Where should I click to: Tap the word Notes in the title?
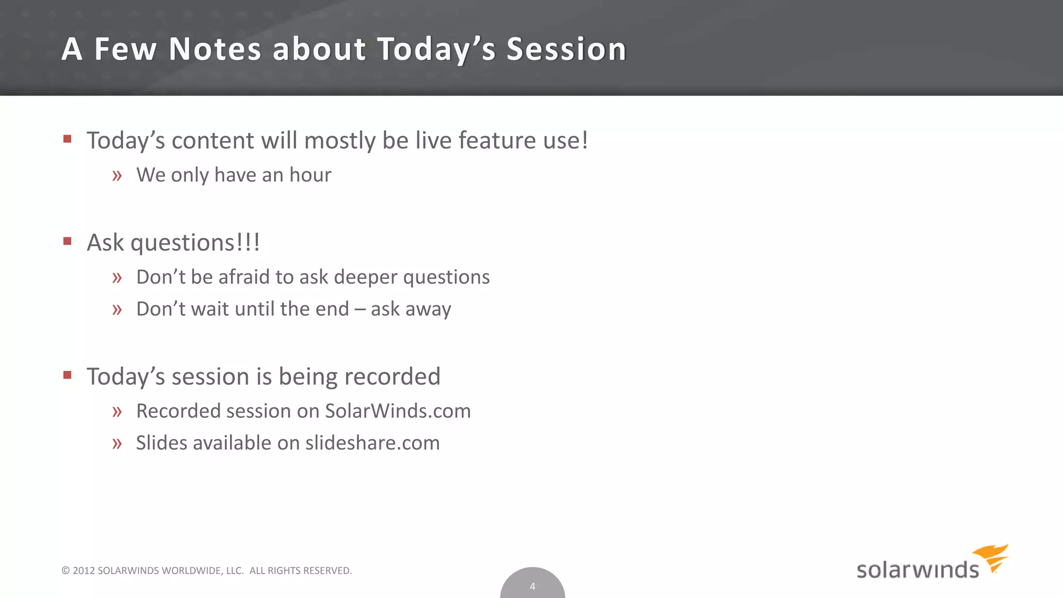tap(215, 49)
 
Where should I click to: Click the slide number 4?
tap(532, 587)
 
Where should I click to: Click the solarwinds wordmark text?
tap(917, 570)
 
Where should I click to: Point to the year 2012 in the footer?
tap(84, 570)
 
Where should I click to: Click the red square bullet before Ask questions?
tap(67, 241)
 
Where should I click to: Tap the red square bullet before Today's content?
tap(67, 139)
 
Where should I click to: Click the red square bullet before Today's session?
tap(67, 375)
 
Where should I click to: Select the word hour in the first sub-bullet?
tap(310, 175)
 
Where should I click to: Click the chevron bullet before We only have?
tap(117, 176)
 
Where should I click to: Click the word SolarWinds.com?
tap(398, 411)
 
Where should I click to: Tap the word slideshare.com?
tap(372, 443)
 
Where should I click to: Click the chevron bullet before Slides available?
tap(117, 444)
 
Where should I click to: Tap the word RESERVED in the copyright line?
tap(327, 570)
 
